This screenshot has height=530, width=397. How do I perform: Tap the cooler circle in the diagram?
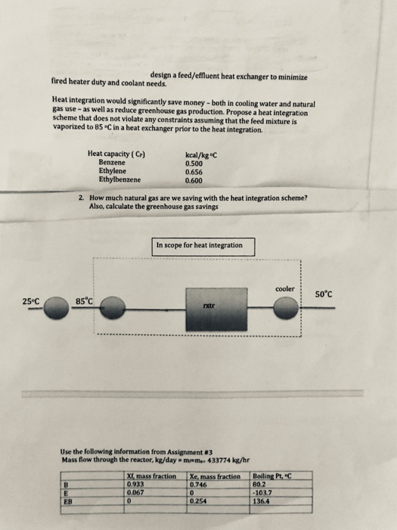click(285, 309)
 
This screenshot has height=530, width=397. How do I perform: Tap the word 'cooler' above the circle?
click(284, 289)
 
